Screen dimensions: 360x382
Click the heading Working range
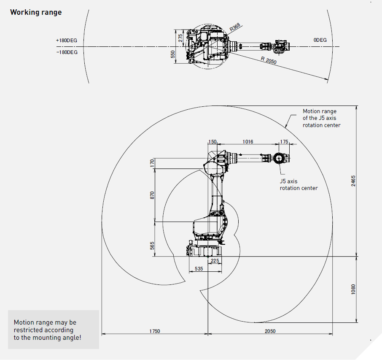click(36, 12)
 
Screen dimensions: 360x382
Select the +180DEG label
click(67, 41)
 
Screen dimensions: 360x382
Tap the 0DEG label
click(320, 40)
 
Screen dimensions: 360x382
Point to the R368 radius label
click(235, 28)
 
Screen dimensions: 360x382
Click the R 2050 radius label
click(268, 60)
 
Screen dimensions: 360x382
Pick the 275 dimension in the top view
click(180, 38)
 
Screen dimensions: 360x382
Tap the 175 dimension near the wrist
click(284, 142)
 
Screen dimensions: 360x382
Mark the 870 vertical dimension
click(153, 195)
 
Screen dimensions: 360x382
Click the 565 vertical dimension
click(153, 245)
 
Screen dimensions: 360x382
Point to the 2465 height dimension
click(354, 181)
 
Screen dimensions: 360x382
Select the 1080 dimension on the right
click(354, 289)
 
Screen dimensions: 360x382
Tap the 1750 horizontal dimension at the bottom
click(155, 331)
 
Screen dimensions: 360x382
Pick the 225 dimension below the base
click(215, 261)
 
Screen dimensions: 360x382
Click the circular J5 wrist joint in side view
click(278, 158)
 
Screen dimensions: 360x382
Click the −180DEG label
click(67, 52)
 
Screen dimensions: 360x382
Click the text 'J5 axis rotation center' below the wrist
click(299, 185)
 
